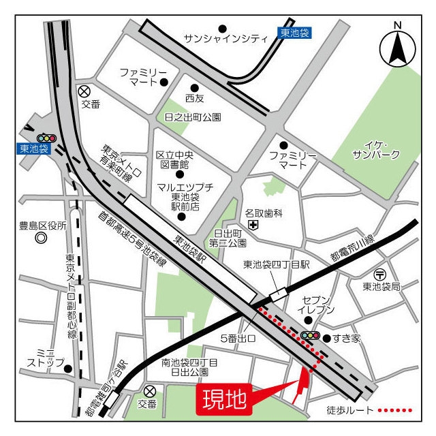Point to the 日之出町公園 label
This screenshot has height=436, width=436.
(x=193, y=117)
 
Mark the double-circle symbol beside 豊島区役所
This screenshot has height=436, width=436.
(x=41, y=238)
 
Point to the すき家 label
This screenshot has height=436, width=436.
(x=348, y=338)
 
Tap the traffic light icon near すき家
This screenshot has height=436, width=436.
(x=311, y=335)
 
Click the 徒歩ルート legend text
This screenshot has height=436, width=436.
(x=350, y=411)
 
